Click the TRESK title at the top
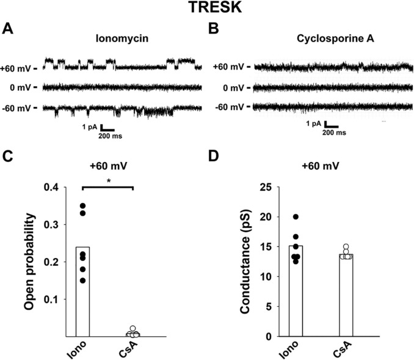coord(206,9)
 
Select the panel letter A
coord(7,28)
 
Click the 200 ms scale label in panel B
coord(333,132)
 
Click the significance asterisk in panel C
coord(107,182)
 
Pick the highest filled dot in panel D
coord(296,217)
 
